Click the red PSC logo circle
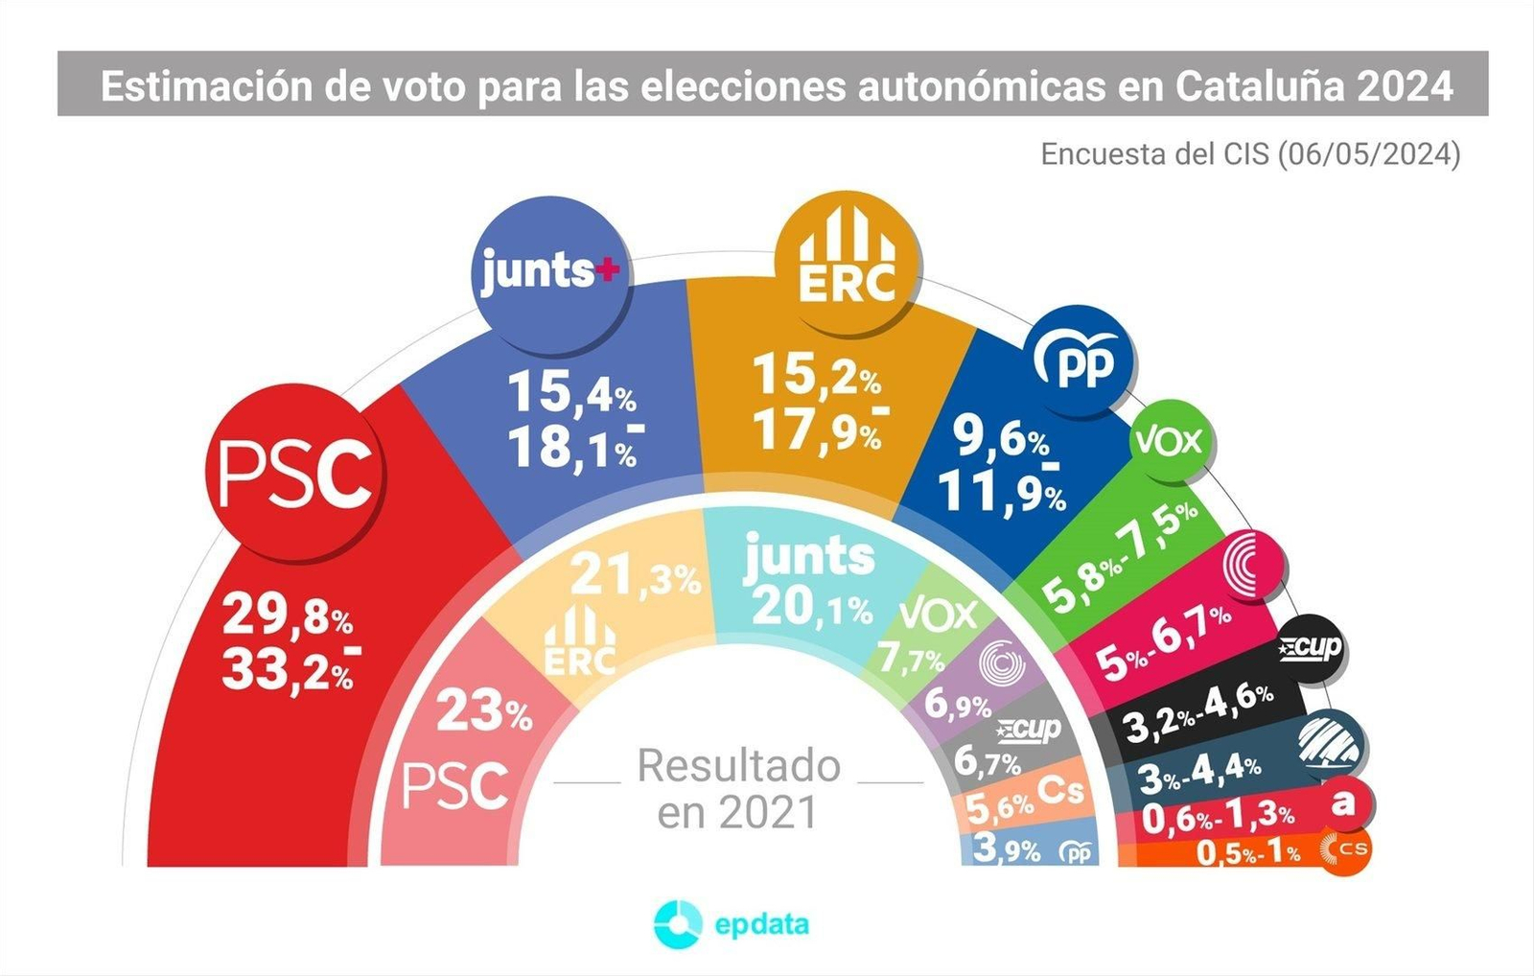point(294,474)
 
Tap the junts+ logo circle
point(551,271)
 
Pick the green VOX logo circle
point(1169,441)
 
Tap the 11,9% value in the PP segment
point(1001,493)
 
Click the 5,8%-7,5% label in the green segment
point(1118,556)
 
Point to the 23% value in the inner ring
point(483,712)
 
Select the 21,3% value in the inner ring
point(635,576)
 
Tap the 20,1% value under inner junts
point(811,607)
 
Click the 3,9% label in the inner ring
point(1006,848)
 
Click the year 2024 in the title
point(1406,86)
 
